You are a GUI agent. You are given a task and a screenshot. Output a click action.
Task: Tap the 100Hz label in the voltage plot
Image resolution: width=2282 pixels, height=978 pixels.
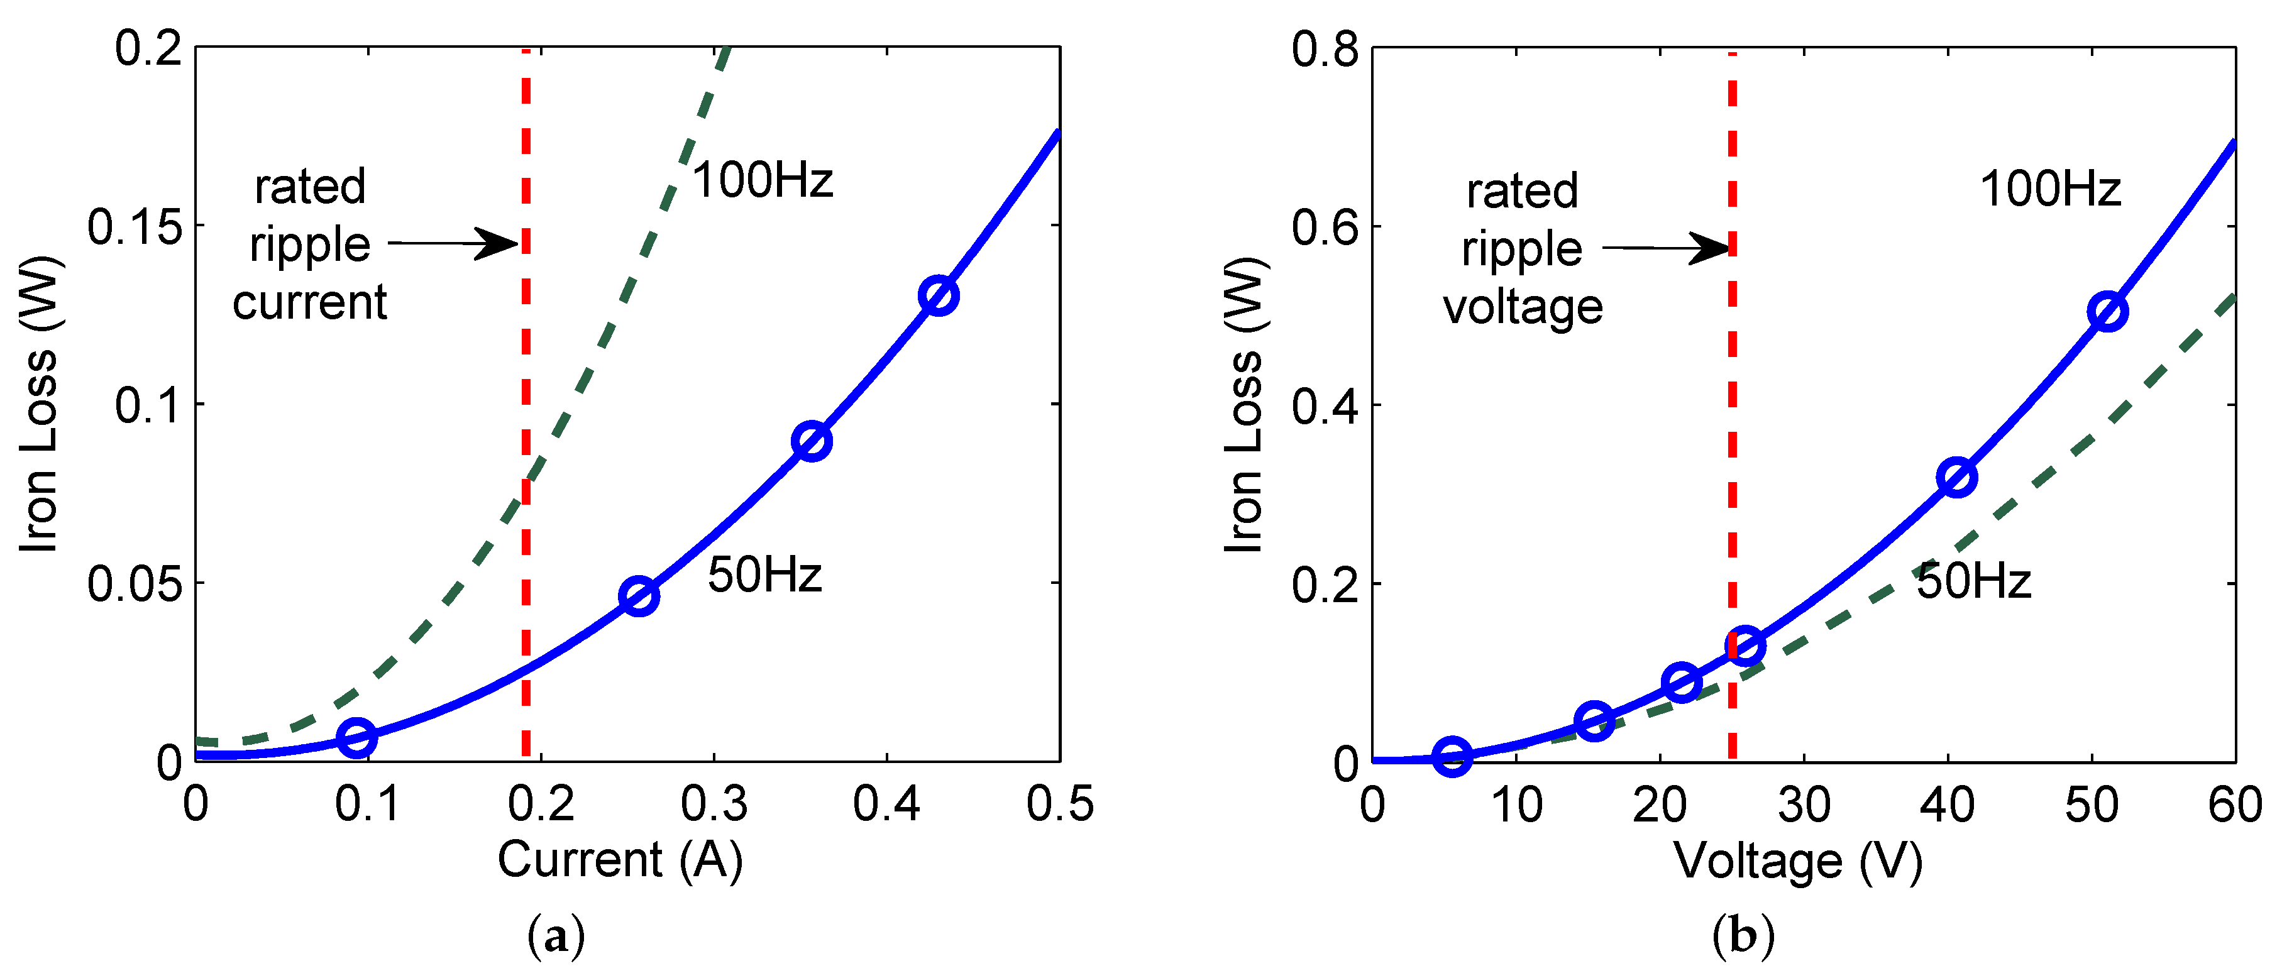click(2050, 189)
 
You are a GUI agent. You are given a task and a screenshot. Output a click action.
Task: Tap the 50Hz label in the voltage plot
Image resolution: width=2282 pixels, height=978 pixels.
click(1974, 581)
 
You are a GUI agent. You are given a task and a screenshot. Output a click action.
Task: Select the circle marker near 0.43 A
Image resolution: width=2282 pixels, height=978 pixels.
click(938, 295)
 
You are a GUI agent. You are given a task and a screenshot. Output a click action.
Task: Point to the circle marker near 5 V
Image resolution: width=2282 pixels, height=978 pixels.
click(1453, 755)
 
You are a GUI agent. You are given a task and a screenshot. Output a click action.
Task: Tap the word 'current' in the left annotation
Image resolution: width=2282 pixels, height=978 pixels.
click(309, 302)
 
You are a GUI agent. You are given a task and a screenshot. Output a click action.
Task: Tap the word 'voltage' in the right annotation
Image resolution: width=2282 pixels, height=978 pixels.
click(1523, 307)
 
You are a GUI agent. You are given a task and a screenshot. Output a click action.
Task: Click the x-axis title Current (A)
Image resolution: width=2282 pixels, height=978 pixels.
click(620, 859)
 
